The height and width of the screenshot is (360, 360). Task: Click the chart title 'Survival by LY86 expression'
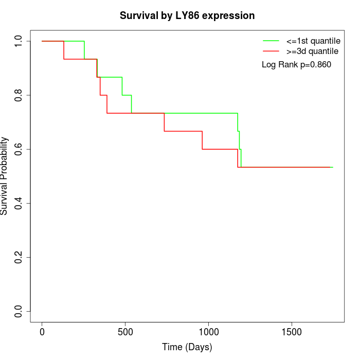pyautogui.click(x=187, y=15)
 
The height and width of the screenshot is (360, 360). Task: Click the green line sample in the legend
pyautogui.click(x=271, y=40)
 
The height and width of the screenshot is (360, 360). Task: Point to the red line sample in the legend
pyautogui.click(x=271, y=51)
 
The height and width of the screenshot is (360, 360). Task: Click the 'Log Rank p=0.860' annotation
pyautogui.click(x=296, y=65)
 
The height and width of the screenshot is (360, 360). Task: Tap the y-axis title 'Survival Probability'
pyautogui.click(x=5, y=176)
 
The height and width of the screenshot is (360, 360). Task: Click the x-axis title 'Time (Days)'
pyautogui.click(x=187, y=347)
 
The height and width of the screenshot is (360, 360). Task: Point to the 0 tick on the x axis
pyautogui.click(x=42, y=332)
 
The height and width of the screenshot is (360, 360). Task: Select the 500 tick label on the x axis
pyautogui.click(x=125, y=332)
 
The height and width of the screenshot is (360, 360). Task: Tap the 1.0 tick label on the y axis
pyautogui.click(x=18, y=41)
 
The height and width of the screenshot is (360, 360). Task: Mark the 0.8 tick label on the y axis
pyautogui.click(x=18, y=95)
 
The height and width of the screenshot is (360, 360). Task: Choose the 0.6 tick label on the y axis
pyautogui.click(x=18, y=149)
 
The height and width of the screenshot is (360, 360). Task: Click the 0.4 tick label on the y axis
pyautogui.click(x=18, y=203)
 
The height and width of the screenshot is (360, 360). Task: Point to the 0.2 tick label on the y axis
pyautogui.click(x=18, y=257)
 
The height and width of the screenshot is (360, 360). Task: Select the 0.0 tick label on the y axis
pyautogui.click(x=18, y=311)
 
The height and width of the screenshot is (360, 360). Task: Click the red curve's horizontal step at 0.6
pyautogui.click(x=220, y=149)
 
